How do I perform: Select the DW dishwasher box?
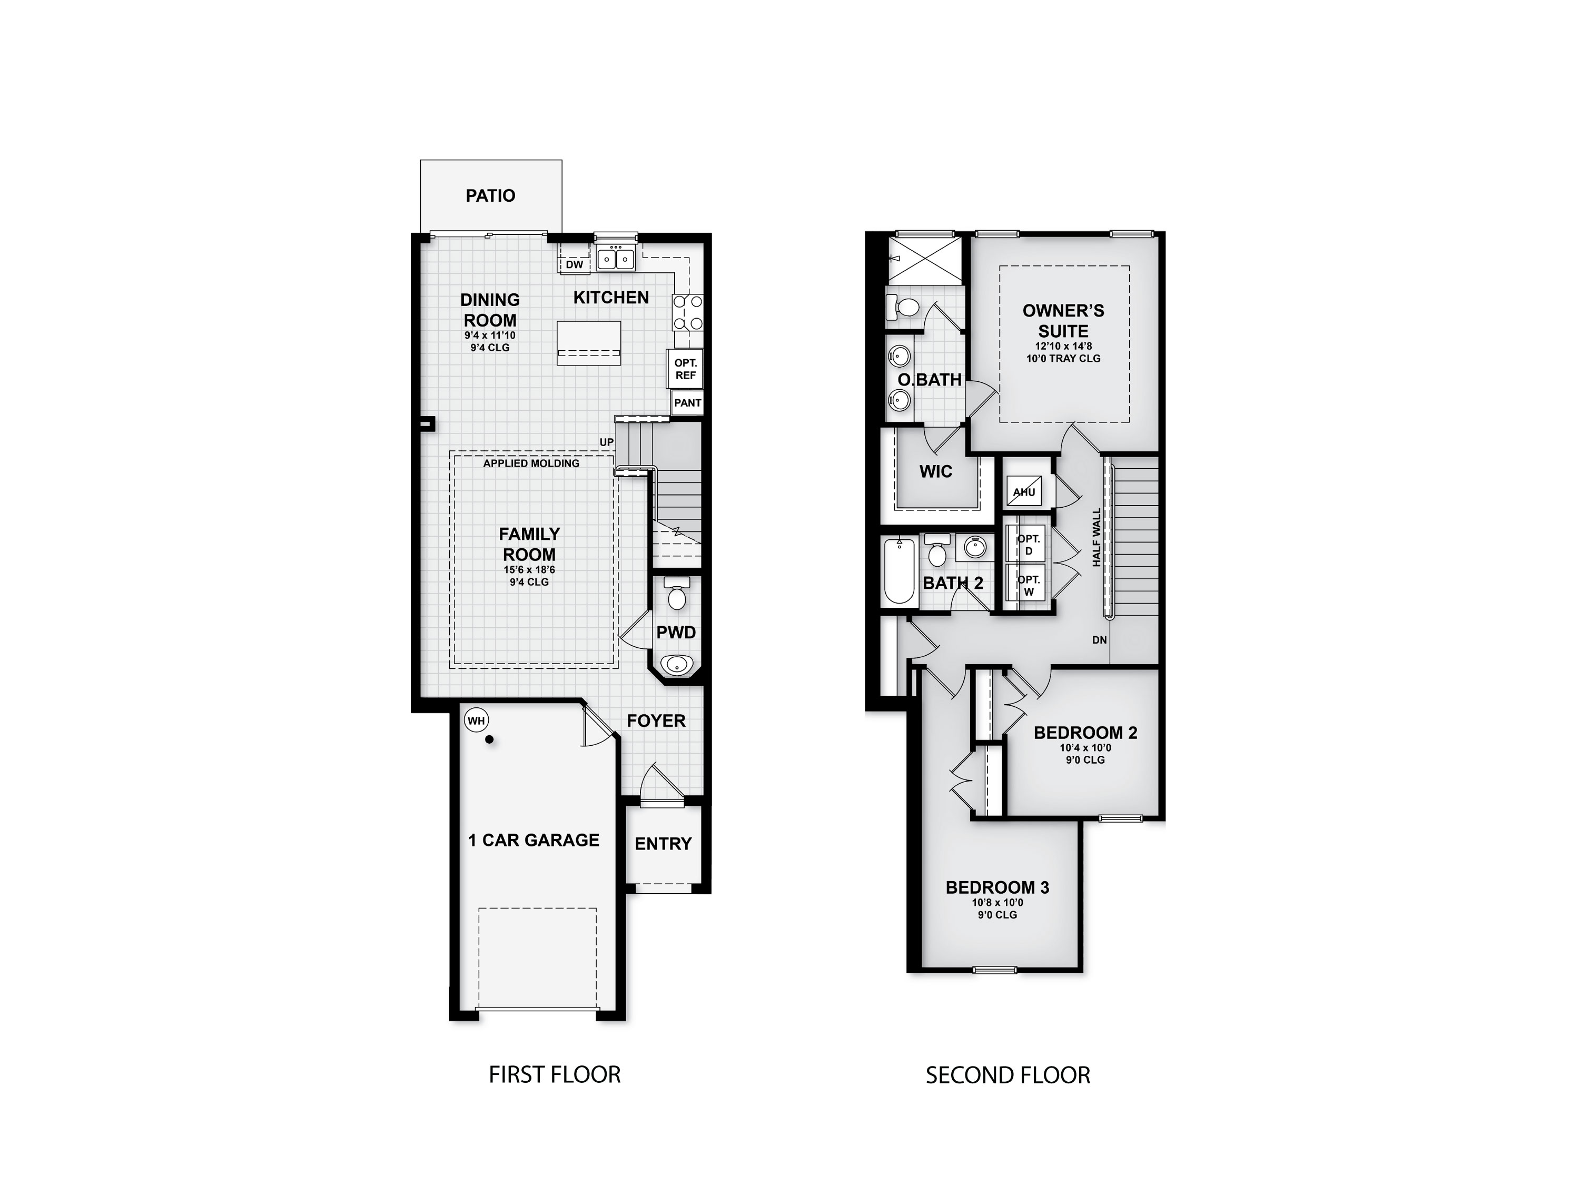coord(574,264)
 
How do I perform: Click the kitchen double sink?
coord(616,257)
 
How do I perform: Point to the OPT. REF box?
coord(685,369)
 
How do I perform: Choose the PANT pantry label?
coord(687,403)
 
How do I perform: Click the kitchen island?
coord(589,343)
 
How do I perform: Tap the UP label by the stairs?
coord(606,442)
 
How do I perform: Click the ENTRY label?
coord(663,844)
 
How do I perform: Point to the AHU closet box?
coord(1024,491)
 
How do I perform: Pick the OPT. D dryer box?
coord(1029,544)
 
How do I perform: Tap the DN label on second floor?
coord(1099,640)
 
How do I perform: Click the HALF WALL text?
coord(1097,537)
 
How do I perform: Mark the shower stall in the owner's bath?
coord(924,260)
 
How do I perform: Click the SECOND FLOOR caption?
coord(1007,1075)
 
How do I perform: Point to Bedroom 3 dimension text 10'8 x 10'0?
coord(997,902)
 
